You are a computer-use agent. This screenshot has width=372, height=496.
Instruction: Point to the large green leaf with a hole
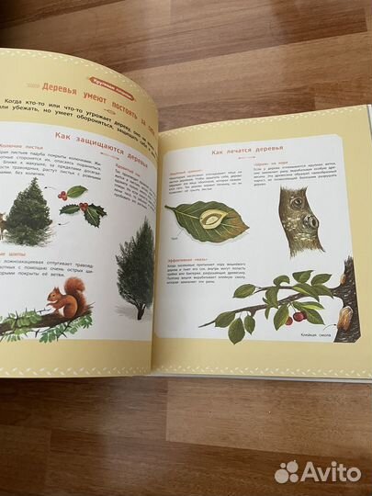pyautogui.click(x=207, y=221)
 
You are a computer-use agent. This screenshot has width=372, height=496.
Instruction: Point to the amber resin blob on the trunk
pyautogui.click(x=344, y=318)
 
